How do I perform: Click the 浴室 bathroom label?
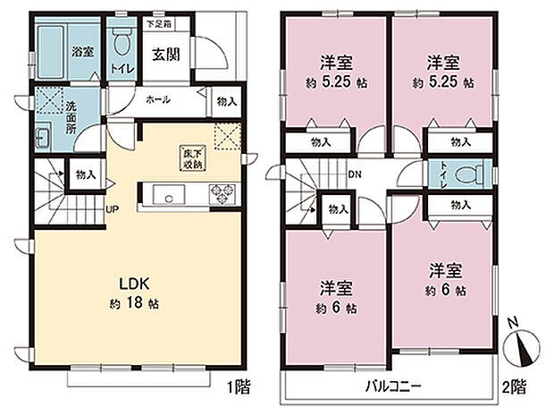click(x=82, y=51)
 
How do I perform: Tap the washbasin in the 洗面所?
click(x=41, y=140)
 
